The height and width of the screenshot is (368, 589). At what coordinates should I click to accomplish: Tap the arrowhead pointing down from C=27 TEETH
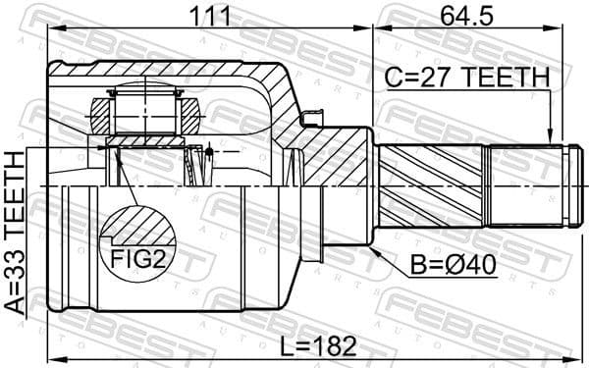click(551, 138)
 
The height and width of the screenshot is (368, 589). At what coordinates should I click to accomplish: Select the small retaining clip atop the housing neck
click(314, 121)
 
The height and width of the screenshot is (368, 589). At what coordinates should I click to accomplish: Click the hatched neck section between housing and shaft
click(339, 157)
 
